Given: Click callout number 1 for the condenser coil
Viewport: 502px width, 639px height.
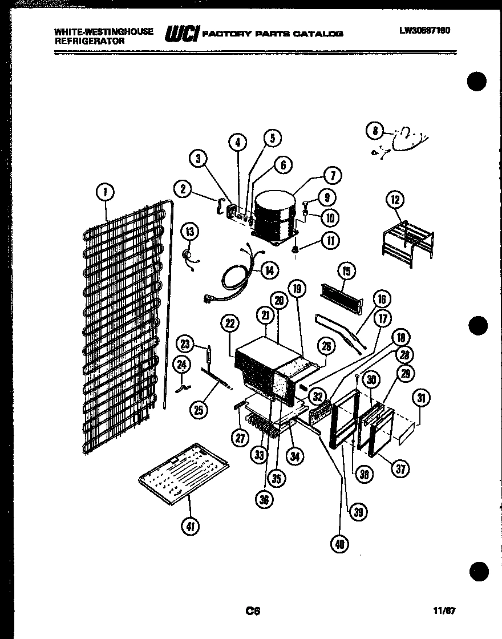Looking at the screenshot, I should [x=106, y=193].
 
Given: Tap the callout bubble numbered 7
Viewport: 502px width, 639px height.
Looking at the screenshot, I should [x=332, y=175].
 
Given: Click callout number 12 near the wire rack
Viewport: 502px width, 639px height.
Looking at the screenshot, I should [x=395, y=200].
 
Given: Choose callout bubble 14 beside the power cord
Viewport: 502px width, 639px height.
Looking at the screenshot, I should [x=269, y=270].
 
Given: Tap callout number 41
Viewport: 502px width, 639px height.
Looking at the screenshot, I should [x=190, y=527].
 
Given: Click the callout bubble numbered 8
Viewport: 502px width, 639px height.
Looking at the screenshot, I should [x=375, y=131].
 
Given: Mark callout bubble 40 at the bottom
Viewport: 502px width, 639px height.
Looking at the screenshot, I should [x=341, y=544].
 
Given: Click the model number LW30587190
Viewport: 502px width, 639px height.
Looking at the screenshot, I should [x=424, y=30].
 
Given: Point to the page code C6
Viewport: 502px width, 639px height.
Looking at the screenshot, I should [x=253, y=611].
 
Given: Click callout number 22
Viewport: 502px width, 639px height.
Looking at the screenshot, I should [x=229, y=323].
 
